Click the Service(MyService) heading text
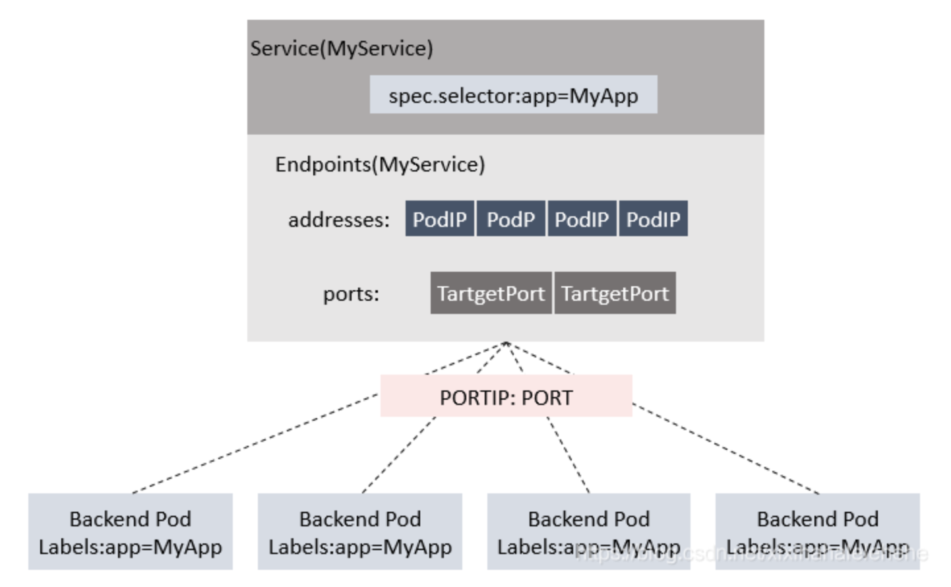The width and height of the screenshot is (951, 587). tap(341, 49)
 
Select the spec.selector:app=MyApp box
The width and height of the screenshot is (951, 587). tap(512, 94)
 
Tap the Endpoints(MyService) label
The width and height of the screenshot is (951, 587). tap(380, 164)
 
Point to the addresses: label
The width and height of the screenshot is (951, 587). tap(338, 220)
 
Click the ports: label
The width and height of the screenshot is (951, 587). tap(351, 293)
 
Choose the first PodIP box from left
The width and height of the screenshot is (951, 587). tap(439, 219)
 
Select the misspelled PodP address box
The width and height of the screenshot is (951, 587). tap(510, 219)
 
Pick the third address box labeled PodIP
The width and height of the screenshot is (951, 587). tap(582, 219)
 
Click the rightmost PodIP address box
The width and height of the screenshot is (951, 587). tap(653, 219)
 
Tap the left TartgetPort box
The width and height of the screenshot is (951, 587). tap(491, 293)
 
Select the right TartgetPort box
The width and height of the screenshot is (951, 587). tap(615, 293)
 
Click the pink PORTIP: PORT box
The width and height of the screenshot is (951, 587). tap(506, 396)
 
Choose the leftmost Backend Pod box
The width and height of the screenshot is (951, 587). tap(131, 532)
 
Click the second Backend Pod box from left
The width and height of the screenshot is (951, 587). tap(359, 532)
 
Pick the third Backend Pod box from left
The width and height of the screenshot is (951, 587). tap(588, 532)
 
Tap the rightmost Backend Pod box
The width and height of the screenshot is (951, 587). tap(817, 532)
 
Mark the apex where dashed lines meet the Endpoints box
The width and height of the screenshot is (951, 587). tap(506, 343)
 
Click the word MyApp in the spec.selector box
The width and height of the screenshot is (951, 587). tap(603, 96)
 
